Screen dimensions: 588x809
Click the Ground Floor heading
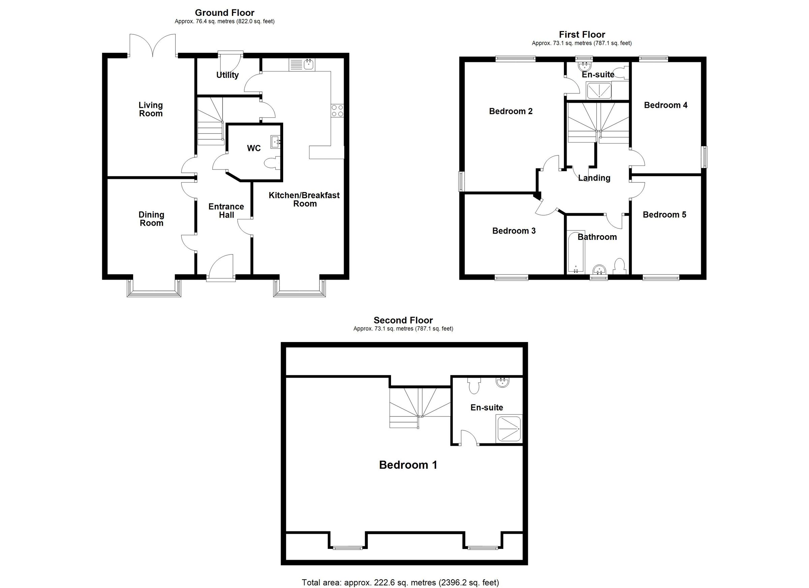[x=224, y=13]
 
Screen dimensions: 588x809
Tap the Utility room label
[x=227, y=75]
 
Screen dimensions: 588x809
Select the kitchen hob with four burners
[x=337, y=111]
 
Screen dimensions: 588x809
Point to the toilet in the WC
[x=272, y=164]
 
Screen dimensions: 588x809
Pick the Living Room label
[x=151, y=109]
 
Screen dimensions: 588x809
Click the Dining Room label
[x=151, y=219]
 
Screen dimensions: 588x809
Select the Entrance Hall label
[x=226, y=210]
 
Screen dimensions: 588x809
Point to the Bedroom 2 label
[x=510, y=111]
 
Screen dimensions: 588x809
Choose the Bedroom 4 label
[x=666, y=105]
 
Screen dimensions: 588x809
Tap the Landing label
[x=594, y=178]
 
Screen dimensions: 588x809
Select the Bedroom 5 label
[x=664, y=214]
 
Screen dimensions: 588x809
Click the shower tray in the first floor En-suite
[x=599, y=91]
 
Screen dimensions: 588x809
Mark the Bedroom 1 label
[x=408, y=465]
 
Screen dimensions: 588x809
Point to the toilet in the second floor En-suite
[x=474, y=386]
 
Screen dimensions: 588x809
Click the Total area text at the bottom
[x=400, y=582]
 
